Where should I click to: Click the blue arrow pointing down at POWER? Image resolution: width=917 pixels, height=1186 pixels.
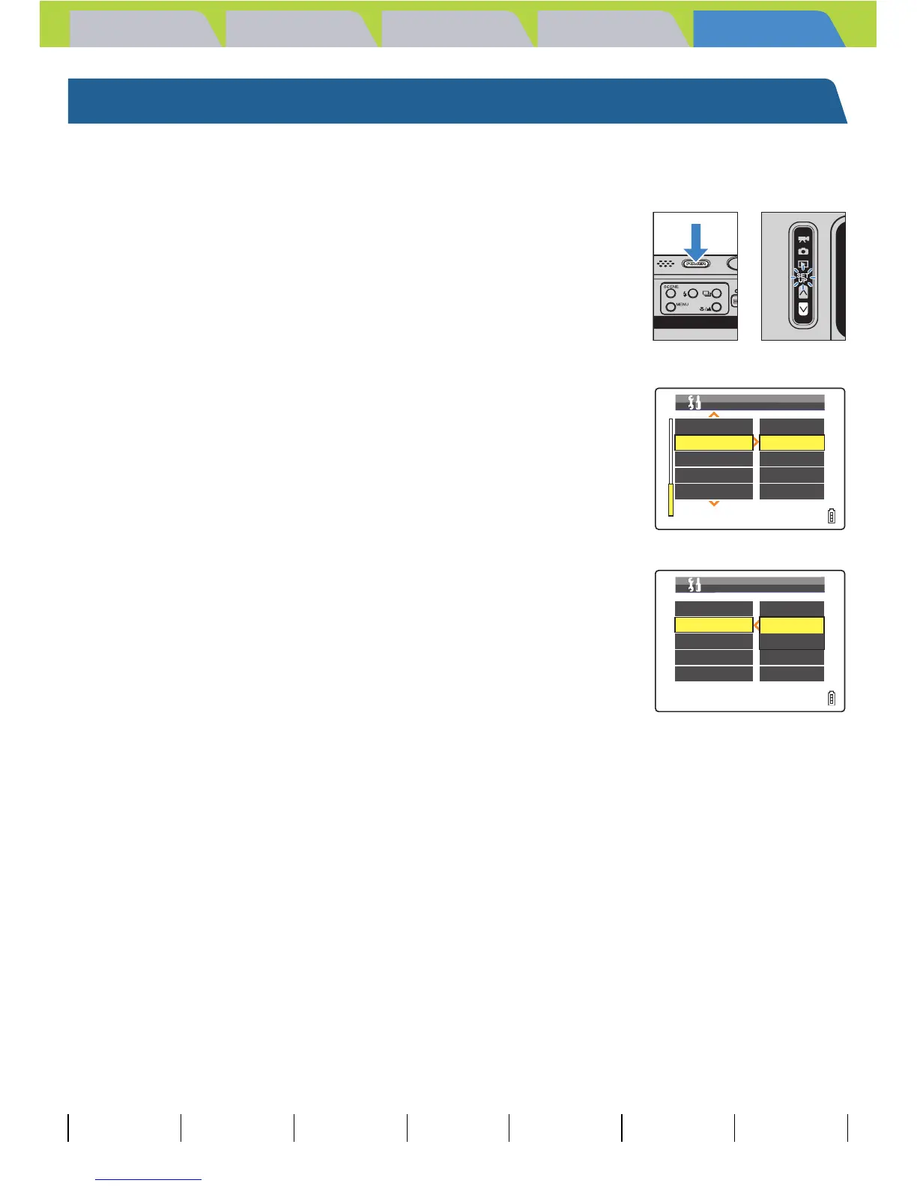pos(696,241)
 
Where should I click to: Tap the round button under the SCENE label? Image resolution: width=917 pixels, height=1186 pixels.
pos(671,294)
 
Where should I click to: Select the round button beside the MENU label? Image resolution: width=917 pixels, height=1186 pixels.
pos(671,307)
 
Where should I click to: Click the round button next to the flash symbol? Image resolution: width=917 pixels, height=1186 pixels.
pos(693,294)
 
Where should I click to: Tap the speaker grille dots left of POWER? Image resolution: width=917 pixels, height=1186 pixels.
pos(666,264)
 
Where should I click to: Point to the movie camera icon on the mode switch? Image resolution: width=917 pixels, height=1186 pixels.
pos(803,240)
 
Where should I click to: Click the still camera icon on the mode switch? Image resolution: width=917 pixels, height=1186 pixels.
pos(803,251)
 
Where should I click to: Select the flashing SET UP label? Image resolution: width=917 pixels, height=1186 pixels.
pos(803,278)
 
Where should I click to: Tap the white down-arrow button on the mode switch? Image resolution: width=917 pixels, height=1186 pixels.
pos(803,308)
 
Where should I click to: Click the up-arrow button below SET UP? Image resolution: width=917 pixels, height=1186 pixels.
pos(803,293)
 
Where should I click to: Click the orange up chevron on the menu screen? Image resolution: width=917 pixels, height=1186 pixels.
pos(714,414)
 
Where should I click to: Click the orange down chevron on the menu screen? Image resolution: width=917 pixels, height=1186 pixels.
pos(714,504)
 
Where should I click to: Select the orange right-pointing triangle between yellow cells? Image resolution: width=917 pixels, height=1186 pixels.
pos(756,443)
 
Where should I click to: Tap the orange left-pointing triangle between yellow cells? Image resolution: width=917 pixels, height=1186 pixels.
pos(756,625)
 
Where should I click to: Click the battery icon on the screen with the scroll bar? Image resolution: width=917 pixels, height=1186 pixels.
pos(832,515)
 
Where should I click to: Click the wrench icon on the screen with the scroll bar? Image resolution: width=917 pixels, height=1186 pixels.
pos(694,402)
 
